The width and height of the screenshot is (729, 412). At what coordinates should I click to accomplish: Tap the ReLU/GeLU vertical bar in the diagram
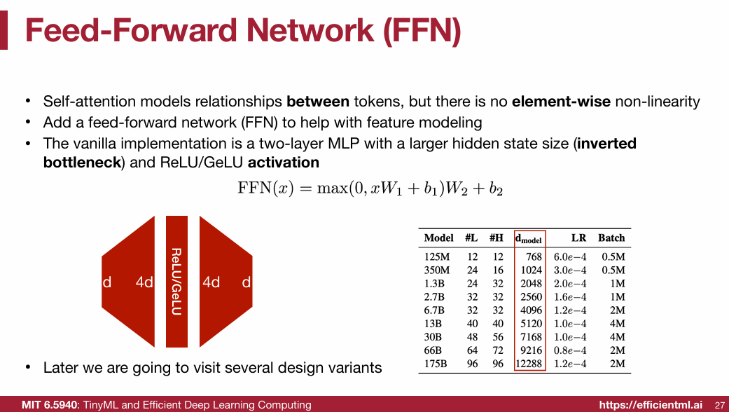tap(176, 281)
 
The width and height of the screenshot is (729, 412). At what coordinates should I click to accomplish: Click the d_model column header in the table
tap(529, 238)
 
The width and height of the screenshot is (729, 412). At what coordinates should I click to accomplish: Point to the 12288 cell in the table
tap(529, 364)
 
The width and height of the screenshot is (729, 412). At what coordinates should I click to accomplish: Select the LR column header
tap(578, 238)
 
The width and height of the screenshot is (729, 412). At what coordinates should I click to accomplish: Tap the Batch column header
tap(611, 238)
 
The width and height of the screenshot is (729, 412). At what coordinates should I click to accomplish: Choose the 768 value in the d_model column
tap(534, 257)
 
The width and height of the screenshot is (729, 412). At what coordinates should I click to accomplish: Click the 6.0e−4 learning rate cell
tap(570, 257)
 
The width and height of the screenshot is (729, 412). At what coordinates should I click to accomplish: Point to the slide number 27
tap(719, 405)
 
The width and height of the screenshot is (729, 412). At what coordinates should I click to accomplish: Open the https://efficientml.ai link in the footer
tap(650, 405)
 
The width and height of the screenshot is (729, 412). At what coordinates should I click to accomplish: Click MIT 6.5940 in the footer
tap(50, 405)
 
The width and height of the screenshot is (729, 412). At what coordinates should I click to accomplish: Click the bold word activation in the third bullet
tap(283, 163)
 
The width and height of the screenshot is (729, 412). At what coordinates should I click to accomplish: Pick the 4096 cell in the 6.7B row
tap(531, 310)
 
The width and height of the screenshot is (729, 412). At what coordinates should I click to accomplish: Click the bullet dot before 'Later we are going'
tap(27, 368)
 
